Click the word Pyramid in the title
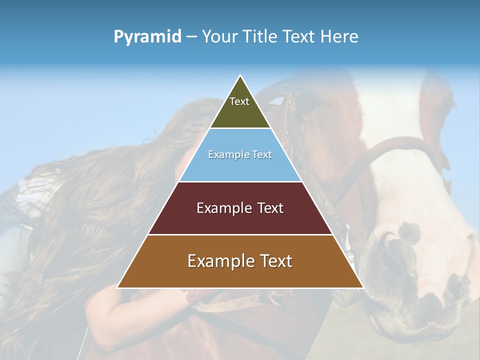click(x=147, y=37)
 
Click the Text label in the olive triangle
click(x=239, y=101)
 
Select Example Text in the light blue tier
click(x=240, y=154)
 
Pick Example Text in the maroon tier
click(x=240, y=208)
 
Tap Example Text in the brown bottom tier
click(x=240, y=261)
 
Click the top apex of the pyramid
click(x=240, y=76)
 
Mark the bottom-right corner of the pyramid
click(x=362, y=287)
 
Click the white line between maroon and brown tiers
click(x=240, y=234)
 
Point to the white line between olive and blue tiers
click(x=240, y=128)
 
